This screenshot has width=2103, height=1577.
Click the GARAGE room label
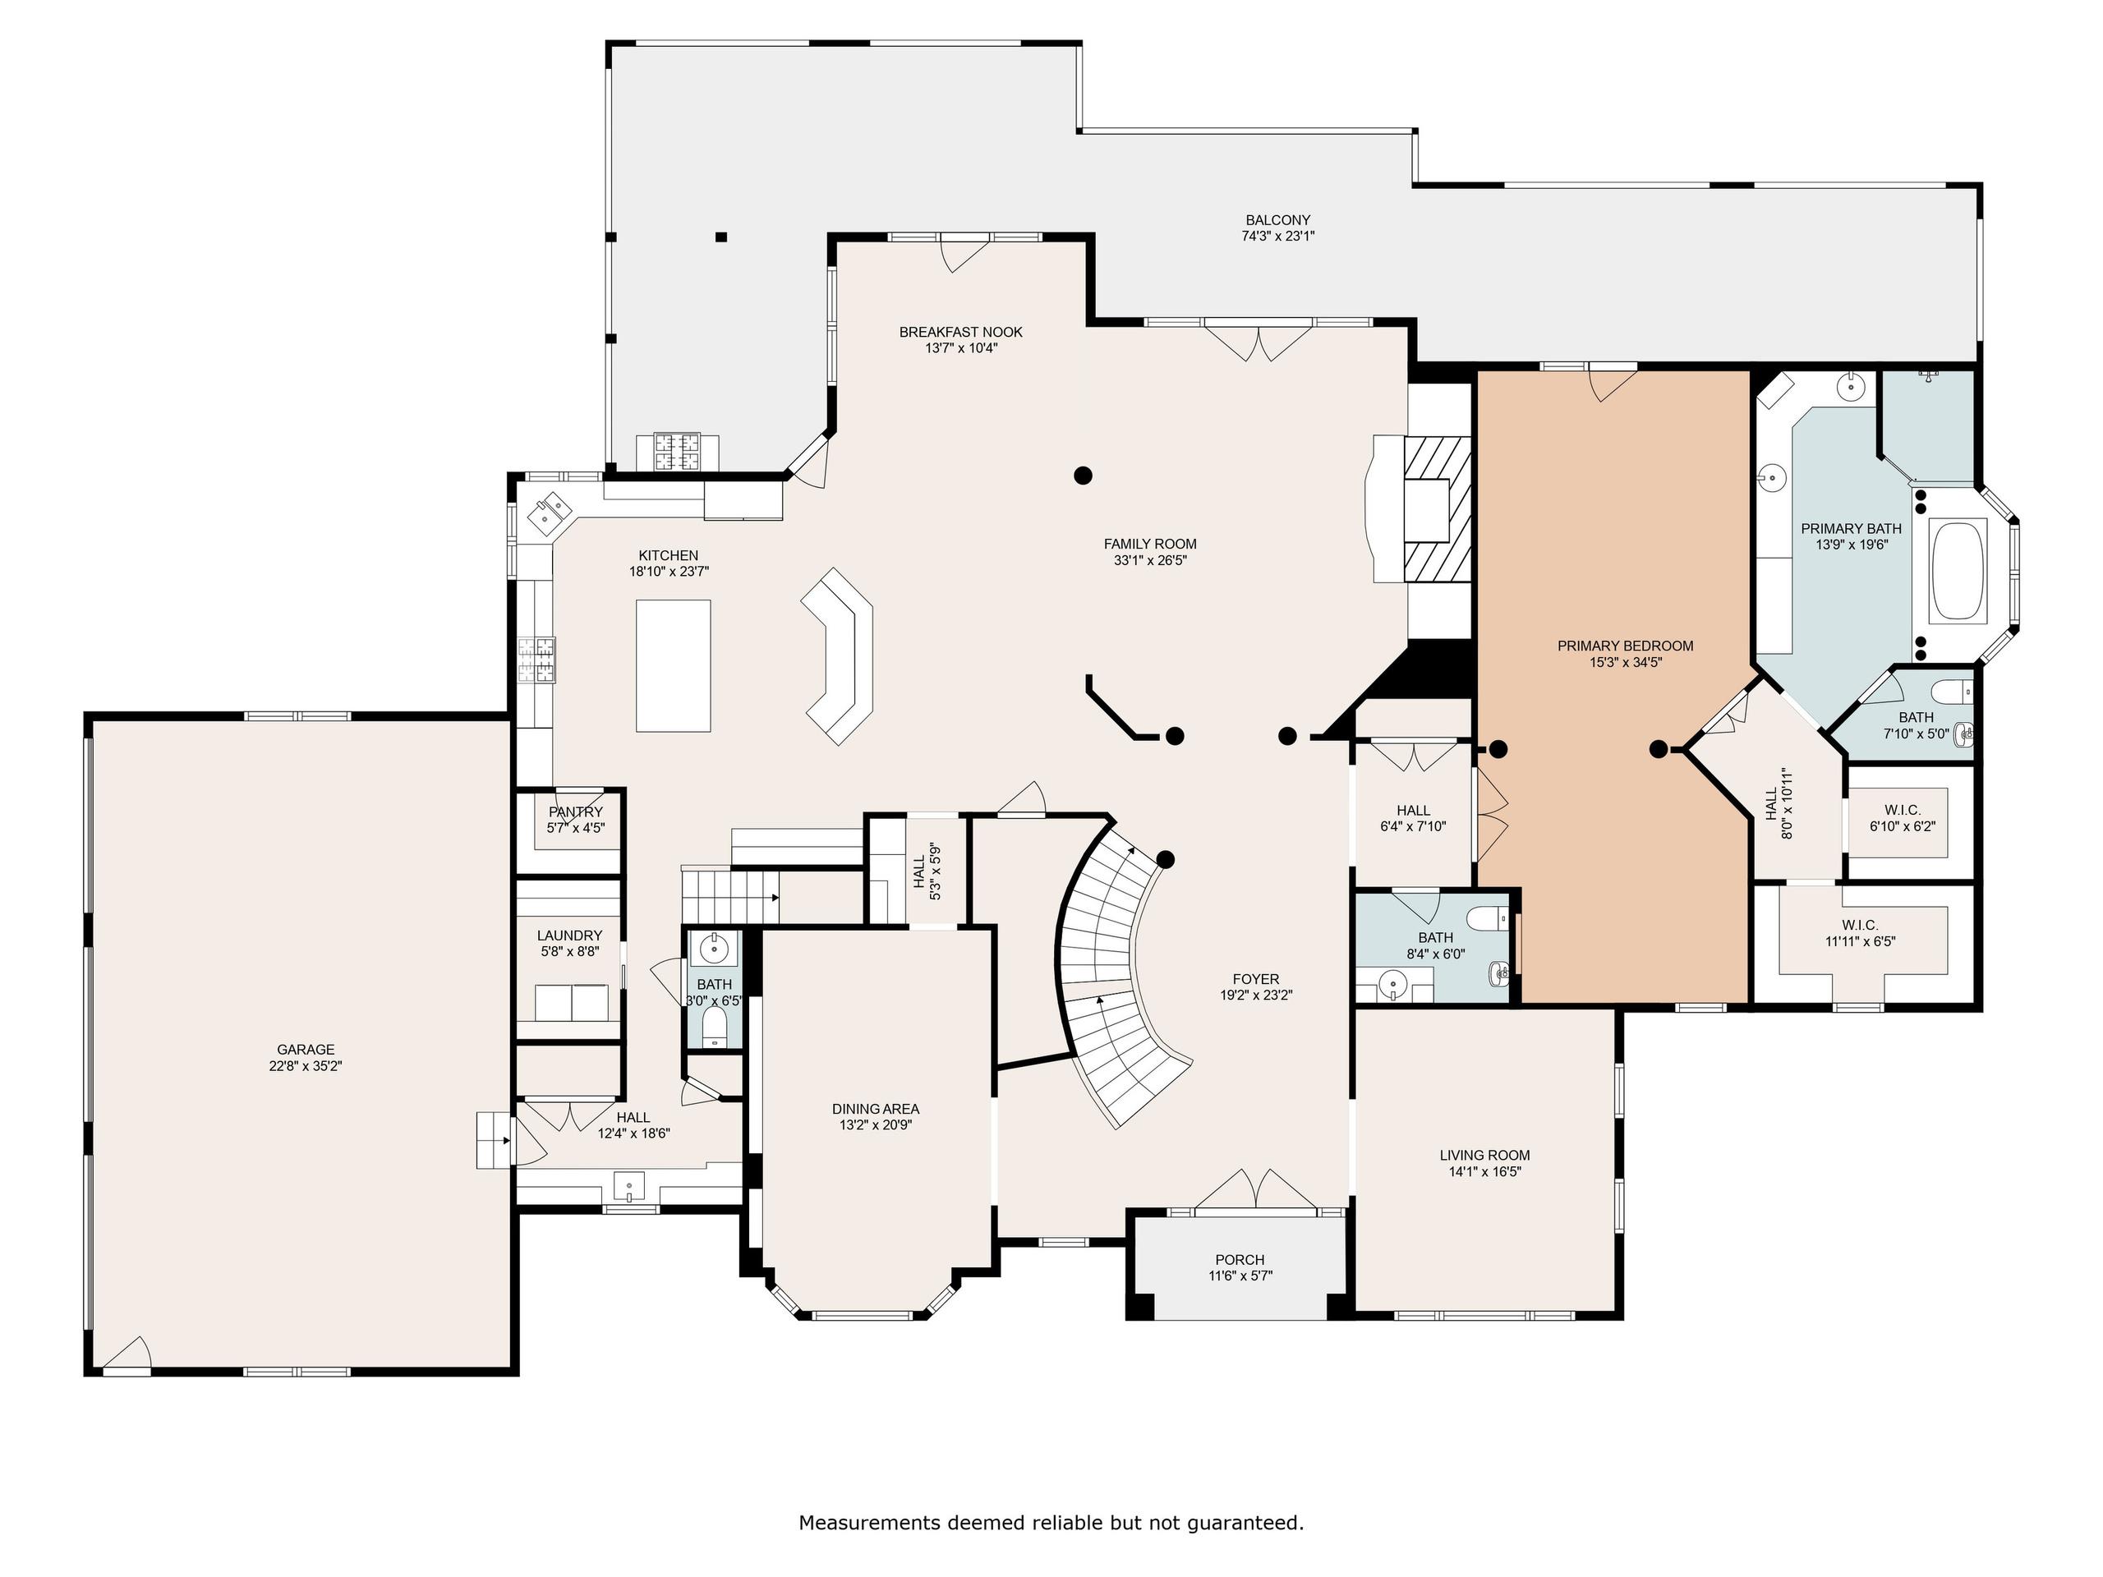coord(306,1050)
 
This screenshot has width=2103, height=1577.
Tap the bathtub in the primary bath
coord(1958,570)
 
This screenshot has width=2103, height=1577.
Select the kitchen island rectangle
coord(673,665)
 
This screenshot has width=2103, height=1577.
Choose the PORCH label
coord(1240,1259)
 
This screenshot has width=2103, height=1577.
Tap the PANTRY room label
coord(575,811)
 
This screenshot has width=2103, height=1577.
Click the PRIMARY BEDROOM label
coord(1625,646)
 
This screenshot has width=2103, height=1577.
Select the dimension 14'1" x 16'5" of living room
coord(1484,1171)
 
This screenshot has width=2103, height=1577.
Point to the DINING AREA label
coord(876,1108)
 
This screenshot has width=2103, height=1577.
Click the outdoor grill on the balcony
coord(677,452)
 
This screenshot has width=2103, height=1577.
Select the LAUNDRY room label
coord(569,936)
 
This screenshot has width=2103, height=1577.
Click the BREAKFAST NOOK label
coord(961,332)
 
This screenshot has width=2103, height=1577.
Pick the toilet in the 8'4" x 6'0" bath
coord(1488,919)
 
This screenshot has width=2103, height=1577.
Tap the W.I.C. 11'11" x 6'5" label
coord(1860,932)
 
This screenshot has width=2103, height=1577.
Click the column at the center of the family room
coord(1083,475)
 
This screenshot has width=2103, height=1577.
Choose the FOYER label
coord(1256,978)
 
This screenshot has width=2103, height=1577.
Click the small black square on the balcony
coord(721,237)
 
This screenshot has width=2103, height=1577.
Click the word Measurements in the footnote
coord(869,1523)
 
